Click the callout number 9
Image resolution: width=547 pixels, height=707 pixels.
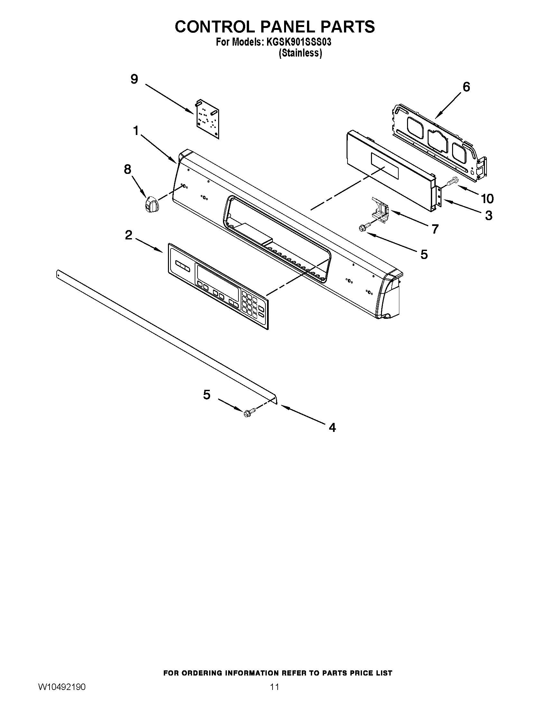(134, 79)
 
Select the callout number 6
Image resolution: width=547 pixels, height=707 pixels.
(466, 87)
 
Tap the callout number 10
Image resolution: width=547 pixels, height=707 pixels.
(487, 198)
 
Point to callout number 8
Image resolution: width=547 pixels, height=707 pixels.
(127, 169)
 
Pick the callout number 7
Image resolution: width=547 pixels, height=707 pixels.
(435, 229)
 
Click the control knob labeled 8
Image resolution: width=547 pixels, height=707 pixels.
(151, 205)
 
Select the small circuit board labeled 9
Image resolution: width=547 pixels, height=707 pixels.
(207, 119)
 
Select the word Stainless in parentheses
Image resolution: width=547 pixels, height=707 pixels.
(301, 53)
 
